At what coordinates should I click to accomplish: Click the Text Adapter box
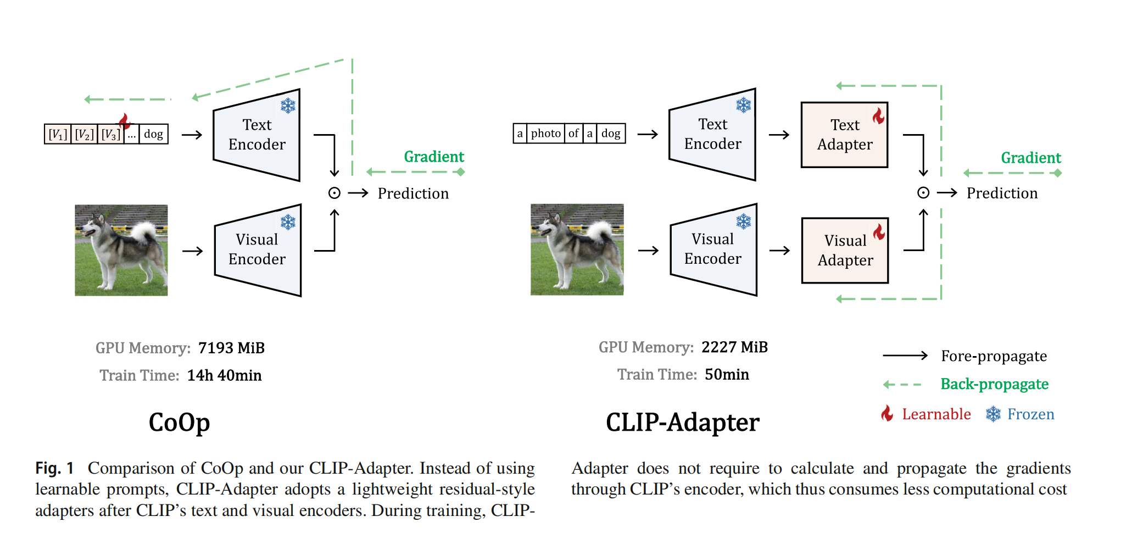point(844,135)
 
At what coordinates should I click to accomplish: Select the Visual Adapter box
point(845,251)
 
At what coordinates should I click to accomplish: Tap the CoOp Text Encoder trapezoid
point(256,135)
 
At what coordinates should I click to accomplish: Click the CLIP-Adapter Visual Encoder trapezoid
point(713,249)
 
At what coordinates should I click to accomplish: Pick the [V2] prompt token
point(84,134)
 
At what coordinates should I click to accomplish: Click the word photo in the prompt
point(545,134)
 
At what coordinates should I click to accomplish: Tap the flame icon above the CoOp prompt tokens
point(125,121)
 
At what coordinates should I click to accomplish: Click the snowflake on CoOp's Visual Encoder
point(288,222)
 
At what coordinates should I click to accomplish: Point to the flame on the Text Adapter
point(878,116)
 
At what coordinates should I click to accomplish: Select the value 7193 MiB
point(231,348)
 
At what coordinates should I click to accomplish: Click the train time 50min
point(727,374)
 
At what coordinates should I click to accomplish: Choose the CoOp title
point(179,423)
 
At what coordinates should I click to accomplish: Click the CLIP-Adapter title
point(682,423)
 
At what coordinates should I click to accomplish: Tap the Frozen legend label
point(1030,414)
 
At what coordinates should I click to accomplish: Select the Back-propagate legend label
point(994,384)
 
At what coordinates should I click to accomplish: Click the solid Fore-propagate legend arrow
point(905,356)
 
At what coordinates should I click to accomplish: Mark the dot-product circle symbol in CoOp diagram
point(334,193)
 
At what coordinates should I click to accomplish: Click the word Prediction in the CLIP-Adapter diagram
point(1002,193)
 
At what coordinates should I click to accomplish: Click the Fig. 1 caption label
point(54,468)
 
